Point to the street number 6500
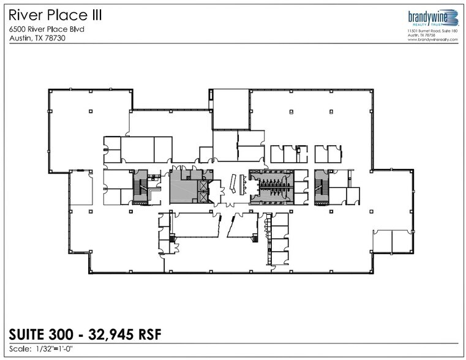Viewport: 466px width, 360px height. pos(20,29)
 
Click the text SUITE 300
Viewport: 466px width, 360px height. pos(40,334)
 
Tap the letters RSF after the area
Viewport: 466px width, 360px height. pos(151,334)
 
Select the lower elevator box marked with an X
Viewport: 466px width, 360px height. pos(203,198)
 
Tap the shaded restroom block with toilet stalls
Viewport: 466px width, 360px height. pos(271,185)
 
